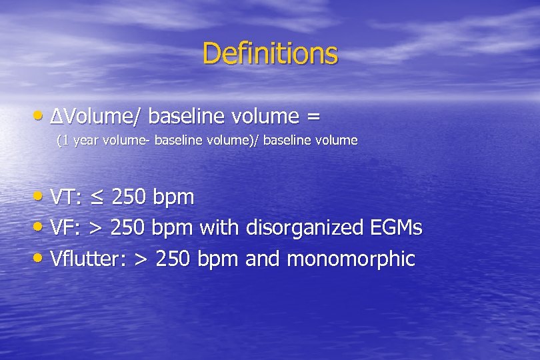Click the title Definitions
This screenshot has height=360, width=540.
(x=270, y=53)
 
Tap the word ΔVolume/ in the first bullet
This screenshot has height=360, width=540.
(x=96, y=117)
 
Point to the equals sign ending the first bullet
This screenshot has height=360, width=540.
(x=312, y=117)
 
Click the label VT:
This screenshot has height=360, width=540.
(x=67, y=197)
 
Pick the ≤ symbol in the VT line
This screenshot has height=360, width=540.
(x=97, y=198)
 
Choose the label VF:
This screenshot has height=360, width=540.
(x=66, y=228)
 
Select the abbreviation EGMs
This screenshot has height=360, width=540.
(x=395, y=228)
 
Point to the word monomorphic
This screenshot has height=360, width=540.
(x=351, y=259)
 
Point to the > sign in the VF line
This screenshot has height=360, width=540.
(x=95, y=229)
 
